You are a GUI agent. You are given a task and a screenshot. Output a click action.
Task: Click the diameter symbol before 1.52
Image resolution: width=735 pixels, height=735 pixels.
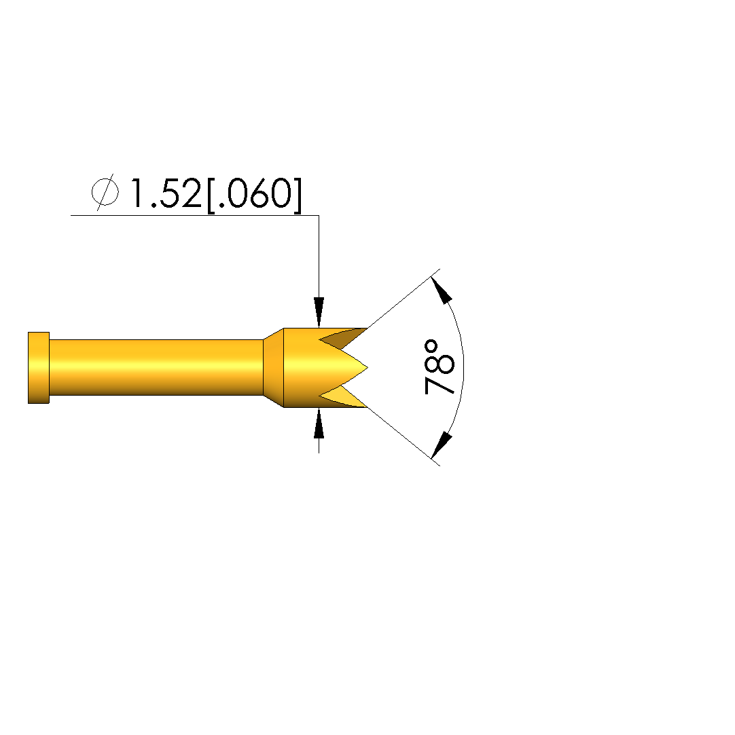coord(105,192)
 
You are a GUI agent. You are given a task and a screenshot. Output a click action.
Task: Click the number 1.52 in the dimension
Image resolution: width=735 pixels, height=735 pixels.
coord(166,193)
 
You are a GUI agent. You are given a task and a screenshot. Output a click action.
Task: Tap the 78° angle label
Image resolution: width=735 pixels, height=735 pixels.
coord(439,368)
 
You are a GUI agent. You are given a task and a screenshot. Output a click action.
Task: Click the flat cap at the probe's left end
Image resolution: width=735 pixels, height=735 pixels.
coord(39,368)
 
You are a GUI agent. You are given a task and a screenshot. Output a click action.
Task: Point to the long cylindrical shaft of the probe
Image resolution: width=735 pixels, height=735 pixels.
coord(156,367)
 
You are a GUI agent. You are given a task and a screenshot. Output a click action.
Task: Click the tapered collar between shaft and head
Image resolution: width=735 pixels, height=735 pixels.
coord(274,368)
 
